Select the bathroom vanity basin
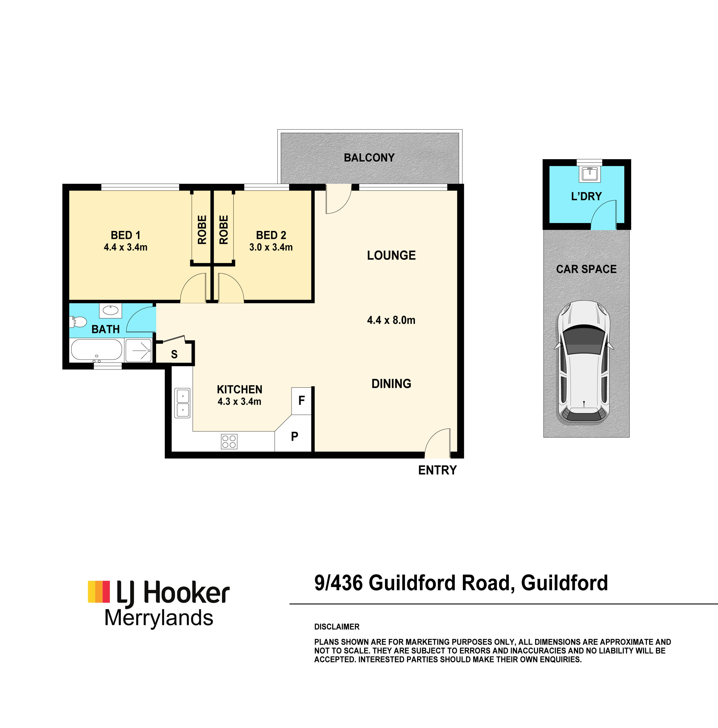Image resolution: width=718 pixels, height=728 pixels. pos(110,310)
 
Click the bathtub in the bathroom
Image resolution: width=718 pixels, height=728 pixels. pos(96,350)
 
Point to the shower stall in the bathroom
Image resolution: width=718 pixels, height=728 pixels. pos(138,351)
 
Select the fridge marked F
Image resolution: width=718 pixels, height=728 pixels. pos(302,401)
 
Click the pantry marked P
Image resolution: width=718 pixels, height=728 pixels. pos(294,436)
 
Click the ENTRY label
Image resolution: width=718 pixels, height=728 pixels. pos(437,470)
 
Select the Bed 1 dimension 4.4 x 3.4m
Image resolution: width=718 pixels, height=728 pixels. pos(126,247)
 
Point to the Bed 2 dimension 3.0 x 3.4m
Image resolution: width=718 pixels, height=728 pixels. pos(271,247)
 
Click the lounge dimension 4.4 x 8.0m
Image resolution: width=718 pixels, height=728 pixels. pos(391,320)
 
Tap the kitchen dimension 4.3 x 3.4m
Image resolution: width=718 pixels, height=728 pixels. pos(239,401)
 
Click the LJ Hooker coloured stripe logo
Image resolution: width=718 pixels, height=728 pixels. pos(99,592)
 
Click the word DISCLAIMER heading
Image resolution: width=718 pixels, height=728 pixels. pos(337,626)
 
